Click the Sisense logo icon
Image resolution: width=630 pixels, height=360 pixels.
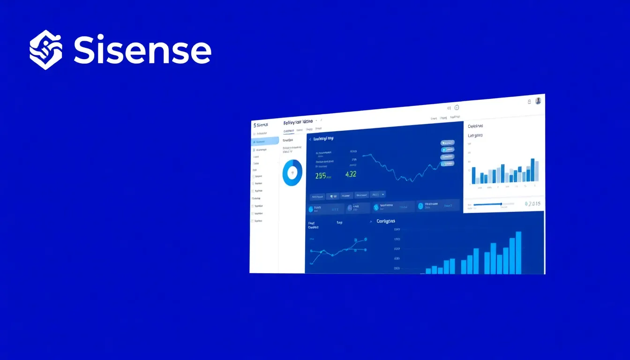[45, 50]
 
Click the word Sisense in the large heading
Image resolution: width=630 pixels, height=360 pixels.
[142, 50]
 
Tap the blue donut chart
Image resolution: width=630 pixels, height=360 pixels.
[286, 172]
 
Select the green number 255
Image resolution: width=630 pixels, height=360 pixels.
[321, 176]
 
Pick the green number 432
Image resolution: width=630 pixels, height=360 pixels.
[351, 174]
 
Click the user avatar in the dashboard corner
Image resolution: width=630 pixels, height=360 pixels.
[538, 100]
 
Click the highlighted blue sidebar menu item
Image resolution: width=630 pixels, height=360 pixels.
[265, 141]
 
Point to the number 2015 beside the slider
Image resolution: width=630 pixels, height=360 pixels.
[533, 204]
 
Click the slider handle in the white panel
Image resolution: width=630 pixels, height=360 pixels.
[501, 204]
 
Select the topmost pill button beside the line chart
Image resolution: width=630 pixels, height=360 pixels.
[447, 142]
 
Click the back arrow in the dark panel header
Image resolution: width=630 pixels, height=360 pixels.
[310, 139]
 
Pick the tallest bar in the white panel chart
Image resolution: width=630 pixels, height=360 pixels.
[532, 170]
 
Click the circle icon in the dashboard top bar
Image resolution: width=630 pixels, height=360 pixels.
[457, 107]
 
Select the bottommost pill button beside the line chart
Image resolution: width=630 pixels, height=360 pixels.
[447, 164]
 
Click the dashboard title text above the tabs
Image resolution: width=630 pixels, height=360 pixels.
[298, 123]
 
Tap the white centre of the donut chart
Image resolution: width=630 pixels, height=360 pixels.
[292, 172]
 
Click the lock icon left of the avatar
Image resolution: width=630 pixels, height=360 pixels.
[529, 101]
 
